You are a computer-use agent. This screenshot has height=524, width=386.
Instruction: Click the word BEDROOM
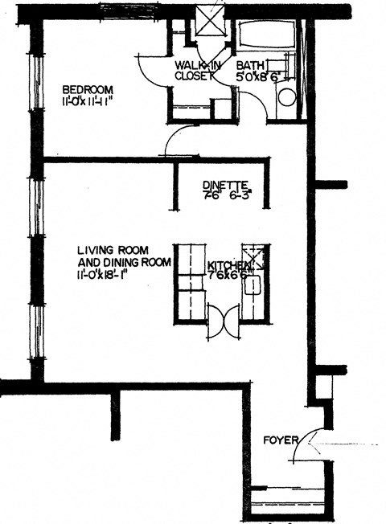tap(88, 89)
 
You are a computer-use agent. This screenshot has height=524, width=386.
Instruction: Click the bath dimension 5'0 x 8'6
tap(257, 78)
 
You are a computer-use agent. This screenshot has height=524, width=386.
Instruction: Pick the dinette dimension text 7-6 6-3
tap(228, 194)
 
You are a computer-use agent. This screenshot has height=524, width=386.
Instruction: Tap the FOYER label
tap(281, 440)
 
